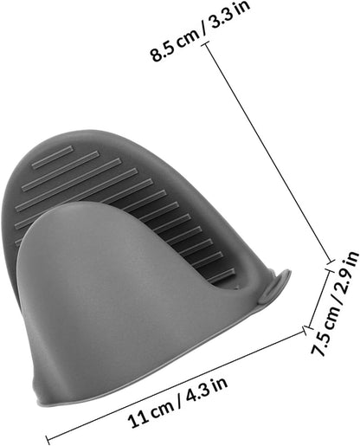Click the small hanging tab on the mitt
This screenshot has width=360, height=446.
coord(273,286)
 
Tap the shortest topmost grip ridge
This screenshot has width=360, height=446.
coord(53,157)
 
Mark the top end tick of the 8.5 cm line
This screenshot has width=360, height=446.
coord(205,44)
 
